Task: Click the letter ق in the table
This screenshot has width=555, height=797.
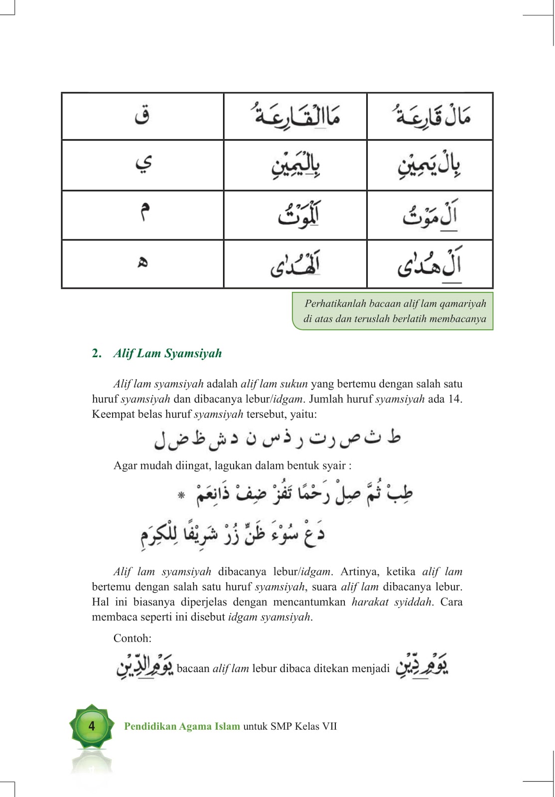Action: click(x=142, y=116)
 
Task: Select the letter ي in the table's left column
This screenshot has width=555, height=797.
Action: click(x=143, y=163)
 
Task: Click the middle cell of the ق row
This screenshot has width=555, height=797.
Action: click(x=296, y=116)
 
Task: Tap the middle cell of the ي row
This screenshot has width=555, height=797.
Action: click(x=296, y=164)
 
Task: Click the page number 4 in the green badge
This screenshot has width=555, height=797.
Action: click(x=92, y=726)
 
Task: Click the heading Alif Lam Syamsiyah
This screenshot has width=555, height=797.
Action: click(x=167, y=353)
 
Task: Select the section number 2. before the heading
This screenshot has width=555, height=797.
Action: click(x=97, y=353)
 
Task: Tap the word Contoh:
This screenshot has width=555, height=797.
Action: click(x=133, y=638)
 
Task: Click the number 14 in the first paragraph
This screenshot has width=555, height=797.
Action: click(x=454, y=398)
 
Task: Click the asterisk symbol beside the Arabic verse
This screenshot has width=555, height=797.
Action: click(x=182, y=495)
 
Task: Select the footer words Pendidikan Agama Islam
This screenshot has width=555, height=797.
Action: click(x=182, y=726)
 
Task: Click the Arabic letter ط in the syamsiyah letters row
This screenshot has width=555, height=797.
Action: click(x=394, y=437)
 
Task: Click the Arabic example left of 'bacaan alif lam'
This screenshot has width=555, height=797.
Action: click(x=144, y=666)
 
